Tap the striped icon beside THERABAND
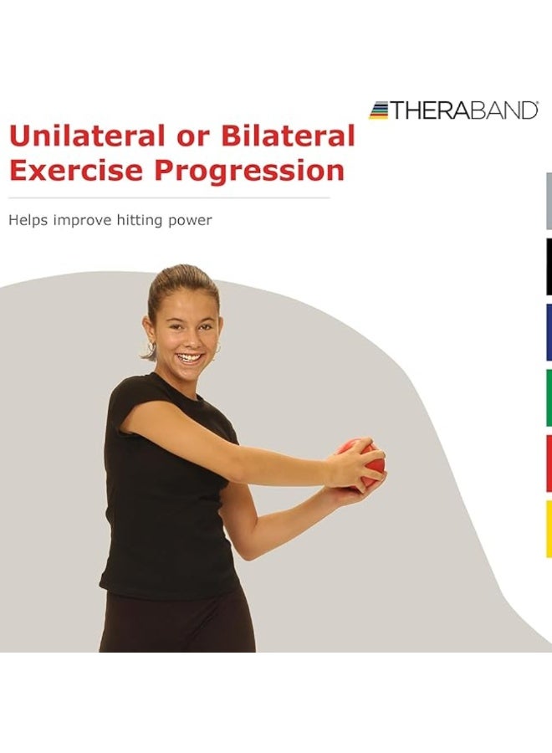click(x=379, y=110)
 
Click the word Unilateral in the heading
click(x=83, y=136)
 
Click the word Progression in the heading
click(x=250, y=171)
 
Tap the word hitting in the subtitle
click(x=144, y=221)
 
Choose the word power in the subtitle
click(x=192, y=221)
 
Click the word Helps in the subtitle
click(x=26, y=221)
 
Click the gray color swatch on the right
click(x=549, y=201)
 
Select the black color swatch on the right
click(x=549, y=267)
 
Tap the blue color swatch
click(x=549, y=332)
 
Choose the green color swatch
click(x=549, y=397)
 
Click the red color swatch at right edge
click(x=549, y=463)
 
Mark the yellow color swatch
click(x=549, y=529)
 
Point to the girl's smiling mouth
click(x=190, y=358)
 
